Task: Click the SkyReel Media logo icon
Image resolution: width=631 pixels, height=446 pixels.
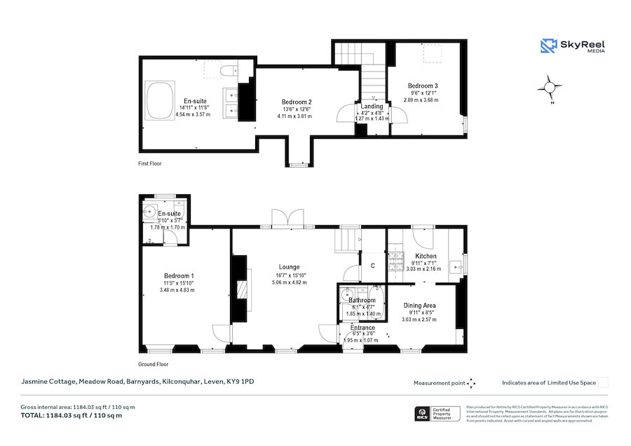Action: coord(548,46)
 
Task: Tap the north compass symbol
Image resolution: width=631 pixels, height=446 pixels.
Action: coord(550,88)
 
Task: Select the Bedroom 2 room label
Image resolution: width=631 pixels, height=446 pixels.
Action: coord(297,102)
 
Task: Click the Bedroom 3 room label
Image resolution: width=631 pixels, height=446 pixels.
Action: coord(423,86)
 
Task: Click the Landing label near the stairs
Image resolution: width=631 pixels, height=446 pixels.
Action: coord(372,106)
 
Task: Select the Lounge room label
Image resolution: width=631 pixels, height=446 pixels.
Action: coord(289,267)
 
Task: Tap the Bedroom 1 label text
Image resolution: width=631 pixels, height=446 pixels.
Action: coord(179,276)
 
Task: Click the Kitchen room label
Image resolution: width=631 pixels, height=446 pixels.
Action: coord(426,256)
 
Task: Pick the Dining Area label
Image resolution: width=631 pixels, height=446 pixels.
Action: coord(419,306)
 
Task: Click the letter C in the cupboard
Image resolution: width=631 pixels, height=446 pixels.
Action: coord(373,265)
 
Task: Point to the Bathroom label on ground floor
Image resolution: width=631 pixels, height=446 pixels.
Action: coord(362,301)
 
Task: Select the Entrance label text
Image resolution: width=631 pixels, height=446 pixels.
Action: coord(362,327)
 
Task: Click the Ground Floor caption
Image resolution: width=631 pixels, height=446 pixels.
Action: coord(154,365)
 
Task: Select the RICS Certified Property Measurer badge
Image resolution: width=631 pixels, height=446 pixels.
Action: coord(438,414)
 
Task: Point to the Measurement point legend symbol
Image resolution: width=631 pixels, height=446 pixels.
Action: coord(471,383)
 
